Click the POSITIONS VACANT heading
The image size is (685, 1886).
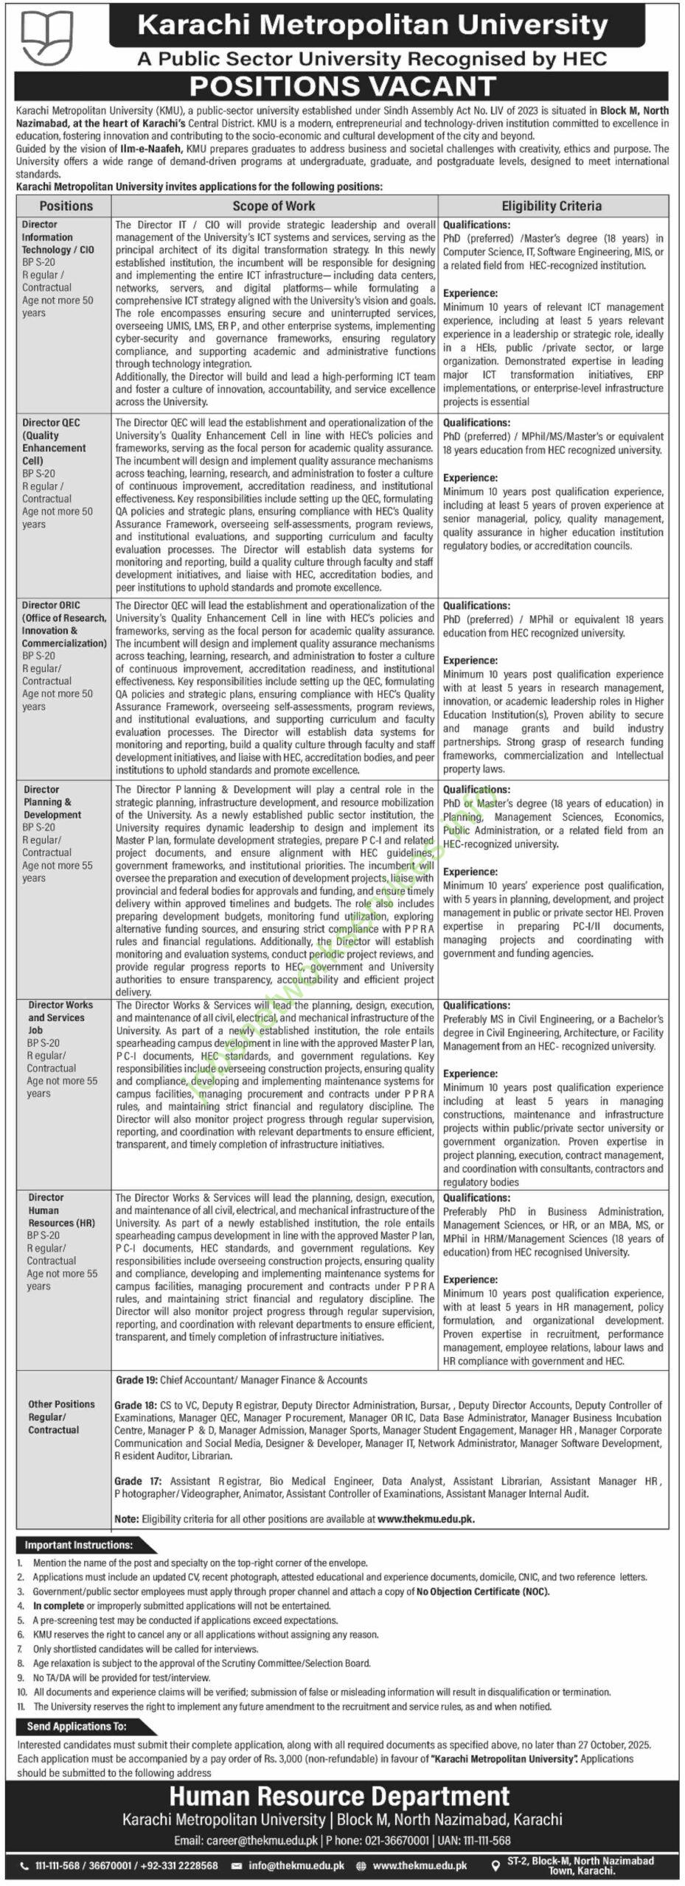[343, 87]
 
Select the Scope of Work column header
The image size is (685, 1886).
[274, 206]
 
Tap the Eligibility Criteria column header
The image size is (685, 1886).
[552, 206]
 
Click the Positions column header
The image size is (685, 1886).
[66, 206]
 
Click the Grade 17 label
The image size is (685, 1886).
[128, 1481]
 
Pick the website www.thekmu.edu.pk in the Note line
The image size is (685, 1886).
[425, 1518]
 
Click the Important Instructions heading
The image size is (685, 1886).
[79, 1545]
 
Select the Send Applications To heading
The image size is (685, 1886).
[77, 1725]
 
